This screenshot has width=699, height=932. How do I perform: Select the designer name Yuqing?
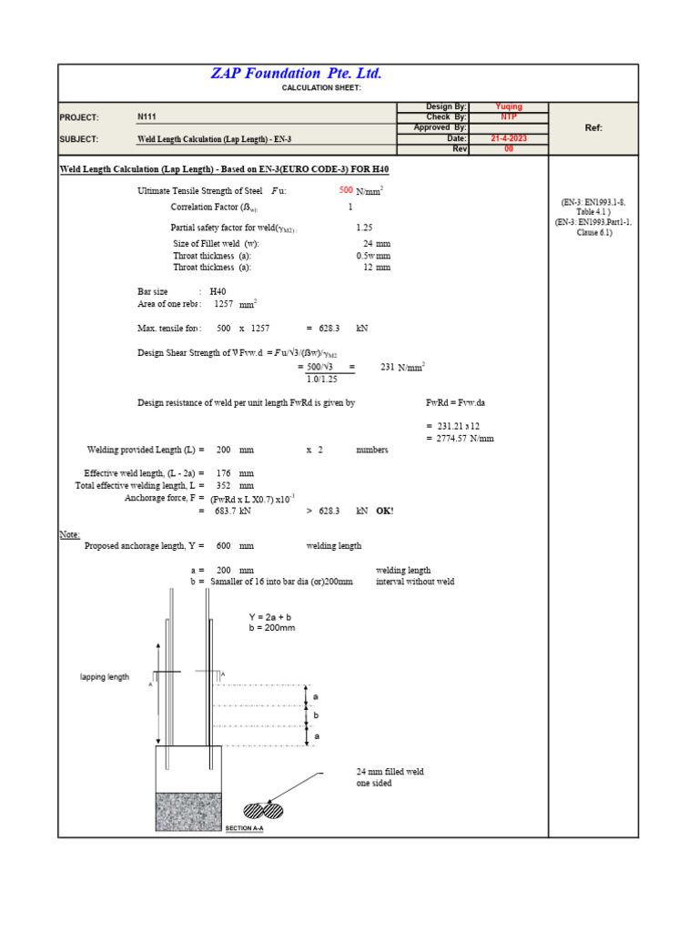click(x=508, y=106)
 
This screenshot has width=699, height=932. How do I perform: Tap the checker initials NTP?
click(x=508, y=117)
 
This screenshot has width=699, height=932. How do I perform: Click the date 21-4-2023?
click(x=508, y=138)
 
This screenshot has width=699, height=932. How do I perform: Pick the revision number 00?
click(x=508, y=149)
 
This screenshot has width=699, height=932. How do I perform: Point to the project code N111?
click(x=147, y=117)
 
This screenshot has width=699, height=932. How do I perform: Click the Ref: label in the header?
click(x=593, y=128)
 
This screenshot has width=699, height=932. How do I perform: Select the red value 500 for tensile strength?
click(x=346, y=191)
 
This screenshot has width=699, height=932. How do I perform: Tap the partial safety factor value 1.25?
click(x=364, y=228)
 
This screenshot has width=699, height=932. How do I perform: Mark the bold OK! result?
click(x=385, y=512)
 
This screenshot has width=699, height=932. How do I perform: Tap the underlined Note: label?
click(x=70, y=534)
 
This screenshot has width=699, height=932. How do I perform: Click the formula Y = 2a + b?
click(x=271, y=617)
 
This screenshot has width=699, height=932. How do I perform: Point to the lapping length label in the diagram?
click(x=105, y=677)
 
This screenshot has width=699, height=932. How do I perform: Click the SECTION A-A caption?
click(x=244, y=828)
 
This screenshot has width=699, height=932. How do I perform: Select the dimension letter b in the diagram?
click(x=317, y=716)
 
